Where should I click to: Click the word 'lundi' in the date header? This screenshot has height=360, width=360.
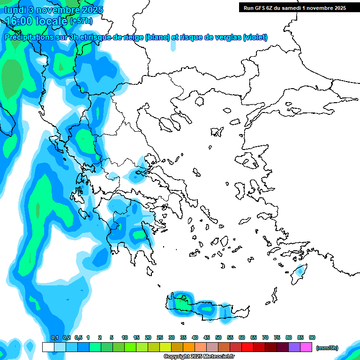point(15,10)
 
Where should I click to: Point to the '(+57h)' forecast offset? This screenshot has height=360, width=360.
point(81,21)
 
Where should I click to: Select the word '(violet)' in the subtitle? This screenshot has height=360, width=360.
point(255,37)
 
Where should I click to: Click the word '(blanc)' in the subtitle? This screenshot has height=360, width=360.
point(157,37)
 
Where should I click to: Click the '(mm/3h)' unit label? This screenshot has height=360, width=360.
point(327,348)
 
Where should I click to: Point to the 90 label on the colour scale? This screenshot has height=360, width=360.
point(312,337)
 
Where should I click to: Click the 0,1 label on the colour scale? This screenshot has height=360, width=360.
point(54,337)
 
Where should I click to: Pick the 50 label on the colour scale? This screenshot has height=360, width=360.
point(218,337)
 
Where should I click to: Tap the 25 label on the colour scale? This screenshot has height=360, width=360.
point(160,337)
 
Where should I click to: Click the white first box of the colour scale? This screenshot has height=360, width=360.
point(48,347)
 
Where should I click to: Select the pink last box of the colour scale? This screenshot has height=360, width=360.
point(306,347)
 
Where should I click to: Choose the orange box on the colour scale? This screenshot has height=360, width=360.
point(189,347)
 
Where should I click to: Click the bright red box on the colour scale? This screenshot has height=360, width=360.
point(247,347)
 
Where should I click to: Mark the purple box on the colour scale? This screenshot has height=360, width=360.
point(294,347)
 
